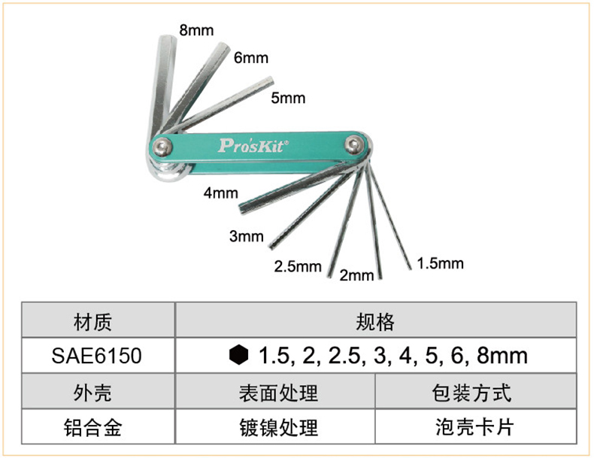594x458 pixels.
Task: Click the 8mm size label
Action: [196, 31]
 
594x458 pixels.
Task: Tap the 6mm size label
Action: [250, 57]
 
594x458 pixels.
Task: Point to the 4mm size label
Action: [220, 193]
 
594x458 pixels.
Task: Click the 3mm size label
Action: [247, 237]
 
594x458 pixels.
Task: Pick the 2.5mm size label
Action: [298, 266]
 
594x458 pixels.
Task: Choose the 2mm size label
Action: [356, 275]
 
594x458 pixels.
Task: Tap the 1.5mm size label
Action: [441, 263]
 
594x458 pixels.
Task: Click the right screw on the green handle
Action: [353, 144]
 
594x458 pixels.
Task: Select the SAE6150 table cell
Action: [98, 355]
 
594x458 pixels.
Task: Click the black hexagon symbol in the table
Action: [238, 355]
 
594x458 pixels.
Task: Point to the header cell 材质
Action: [98, 322]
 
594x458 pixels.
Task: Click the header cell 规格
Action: [375, 322]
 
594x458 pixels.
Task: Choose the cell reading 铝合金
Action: [98, 427]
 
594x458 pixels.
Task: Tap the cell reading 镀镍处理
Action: [275, 427]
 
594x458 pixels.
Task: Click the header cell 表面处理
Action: [275, 393]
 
